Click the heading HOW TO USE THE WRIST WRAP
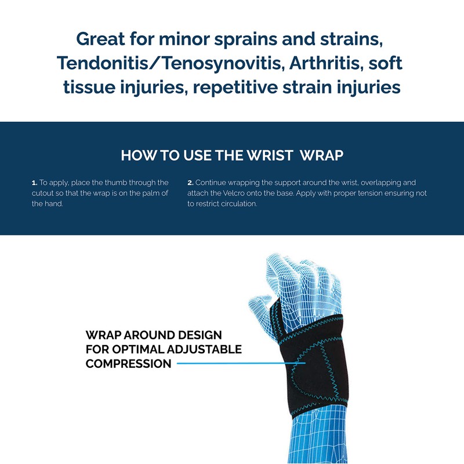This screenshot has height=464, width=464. click(x=231, y=155)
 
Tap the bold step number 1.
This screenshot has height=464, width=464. click(x=34, y=183)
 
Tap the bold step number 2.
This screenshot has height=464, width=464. click(x=190, y=183)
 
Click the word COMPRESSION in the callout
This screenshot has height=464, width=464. click(x=128, y=364)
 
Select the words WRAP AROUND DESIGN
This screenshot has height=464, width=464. click(x=154, y=336)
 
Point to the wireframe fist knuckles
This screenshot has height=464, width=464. click(x=313, y=273)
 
